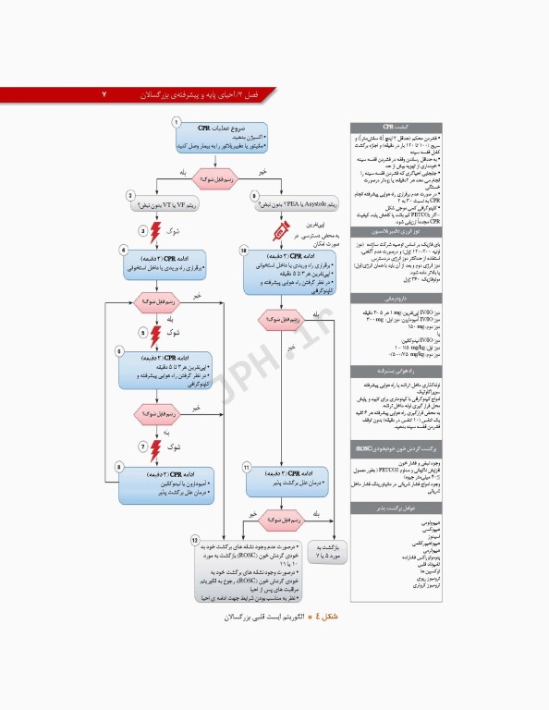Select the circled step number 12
(194, 539)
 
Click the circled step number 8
(254, 194)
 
